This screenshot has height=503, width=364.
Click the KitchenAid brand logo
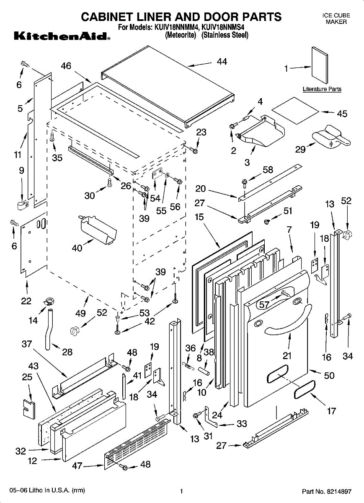click(62, 36)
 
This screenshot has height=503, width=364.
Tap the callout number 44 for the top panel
click(222, 62)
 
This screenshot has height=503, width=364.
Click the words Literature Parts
click(322, 89)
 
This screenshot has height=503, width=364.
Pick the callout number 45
click(342, 114)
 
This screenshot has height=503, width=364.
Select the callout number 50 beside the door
click(330, 376)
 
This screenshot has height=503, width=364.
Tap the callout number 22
click(26, 301)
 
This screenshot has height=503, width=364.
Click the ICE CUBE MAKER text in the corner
click(336, 18)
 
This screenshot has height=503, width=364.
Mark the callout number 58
click(268, 170)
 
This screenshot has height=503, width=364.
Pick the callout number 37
click(27, 345)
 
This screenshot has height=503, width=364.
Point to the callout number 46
click(66, 66)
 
